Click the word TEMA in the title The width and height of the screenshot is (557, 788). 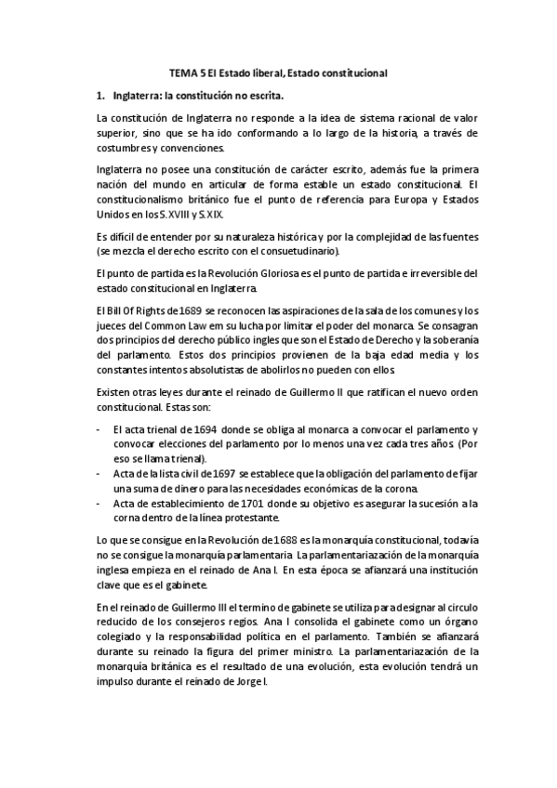182,72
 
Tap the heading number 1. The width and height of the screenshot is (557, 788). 99,95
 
